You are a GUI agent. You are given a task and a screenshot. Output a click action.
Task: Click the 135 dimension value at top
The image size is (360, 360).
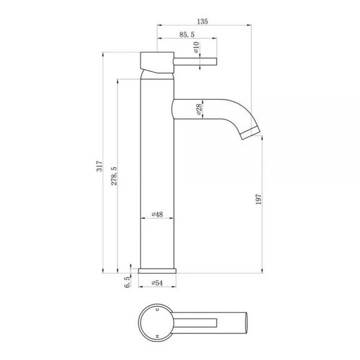tap(203, 22)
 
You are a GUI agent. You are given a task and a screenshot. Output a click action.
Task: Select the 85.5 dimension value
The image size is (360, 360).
tap(187, 34)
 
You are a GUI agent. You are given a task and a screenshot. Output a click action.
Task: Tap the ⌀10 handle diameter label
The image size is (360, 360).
tap(197, 47)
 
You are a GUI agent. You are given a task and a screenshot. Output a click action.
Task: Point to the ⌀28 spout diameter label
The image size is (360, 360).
tap(199, 109)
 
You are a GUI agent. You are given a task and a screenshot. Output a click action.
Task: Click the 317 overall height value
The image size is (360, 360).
tap(99, 166)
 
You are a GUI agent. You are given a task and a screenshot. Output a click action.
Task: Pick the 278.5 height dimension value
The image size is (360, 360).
tap(114, 176)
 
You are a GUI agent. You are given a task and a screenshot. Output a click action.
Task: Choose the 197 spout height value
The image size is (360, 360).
tap(259, 199)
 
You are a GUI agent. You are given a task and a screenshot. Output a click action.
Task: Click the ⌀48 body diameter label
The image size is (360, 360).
tap(157, 214)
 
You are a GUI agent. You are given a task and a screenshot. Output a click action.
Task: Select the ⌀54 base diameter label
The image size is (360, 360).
tap(157, 283)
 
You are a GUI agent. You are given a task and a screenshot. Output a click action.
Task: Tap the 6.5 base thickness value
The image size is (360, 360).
tap(127, 282)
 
